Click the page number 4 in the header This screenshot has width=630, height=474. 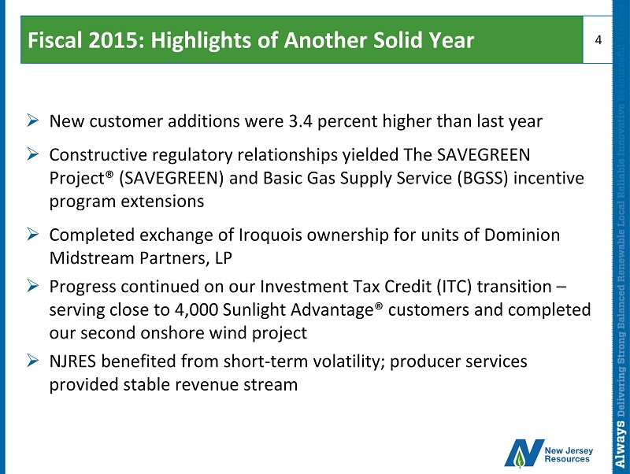[598, 40]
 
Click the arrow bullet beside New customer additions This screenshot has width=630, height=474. [33, 120]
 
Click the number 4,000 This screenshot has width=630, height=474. [196, 310]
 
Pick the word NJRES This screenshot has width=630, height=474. [72, 361]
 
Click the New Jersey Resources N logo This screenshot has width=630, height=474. [524, 454]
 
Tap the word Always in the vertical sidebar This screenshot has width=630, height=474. [621, 445]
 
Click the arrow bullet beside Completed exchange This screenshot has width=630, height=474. [33, 234]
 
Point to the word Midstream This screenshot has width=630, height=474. [91, 258]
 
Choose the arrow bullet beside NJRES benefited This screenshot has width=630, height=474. [33, 361]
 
